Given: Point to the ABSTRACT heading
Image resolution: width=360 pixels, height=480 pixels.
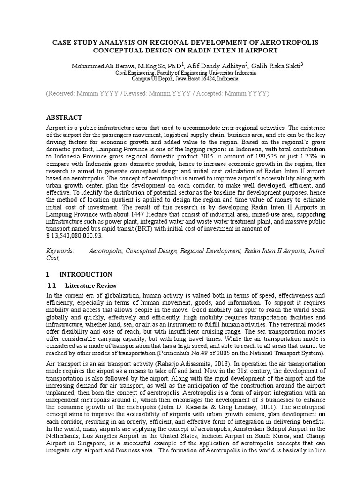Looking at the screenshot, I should coord(64,117).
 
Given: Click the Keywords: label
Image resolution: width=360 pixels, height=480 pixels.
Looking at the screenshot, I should coord(60,251).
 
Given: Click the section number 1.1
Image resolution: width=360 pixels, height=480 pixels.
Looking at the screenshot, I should coord(52,285).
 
